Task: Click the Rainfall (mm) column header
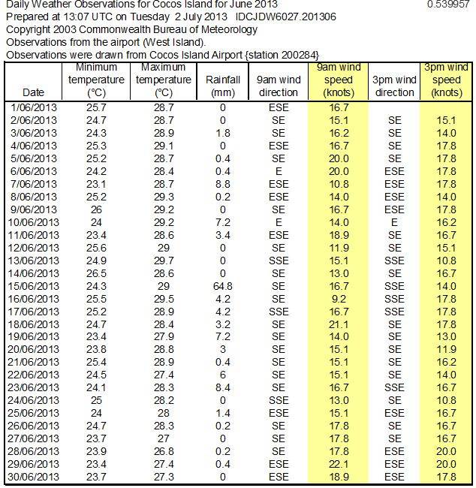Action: point(223,80)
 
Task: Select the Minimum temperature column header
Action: point(96,80)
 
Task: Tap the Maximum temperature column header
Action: point(164,80)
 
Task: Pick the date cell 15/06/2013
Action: point(34,286)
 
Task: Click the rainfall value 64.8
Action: point(223,286)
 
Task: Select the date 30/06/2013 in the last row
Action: point(34,477)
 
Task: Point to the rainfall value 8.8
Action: point(223,184)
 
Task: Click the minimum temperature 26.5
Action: point(96,273)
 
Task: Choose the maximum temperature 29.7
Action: point(164,261)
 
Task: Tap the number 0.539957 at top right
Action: point(447,5)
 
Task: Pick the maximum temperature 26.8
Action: point(164,451)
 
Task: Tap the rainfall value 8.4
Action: point(223,387)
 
